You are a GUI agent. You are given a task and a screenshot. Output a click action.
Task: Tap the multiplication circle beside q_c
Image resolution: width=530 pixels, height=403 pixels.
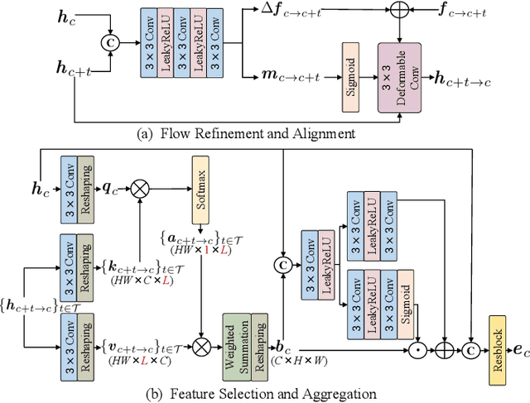click(142, 189)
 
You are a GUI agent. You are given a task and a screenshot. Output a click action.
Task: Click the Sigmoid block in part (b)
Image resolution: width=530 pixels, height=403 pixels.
click(404, 298)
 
